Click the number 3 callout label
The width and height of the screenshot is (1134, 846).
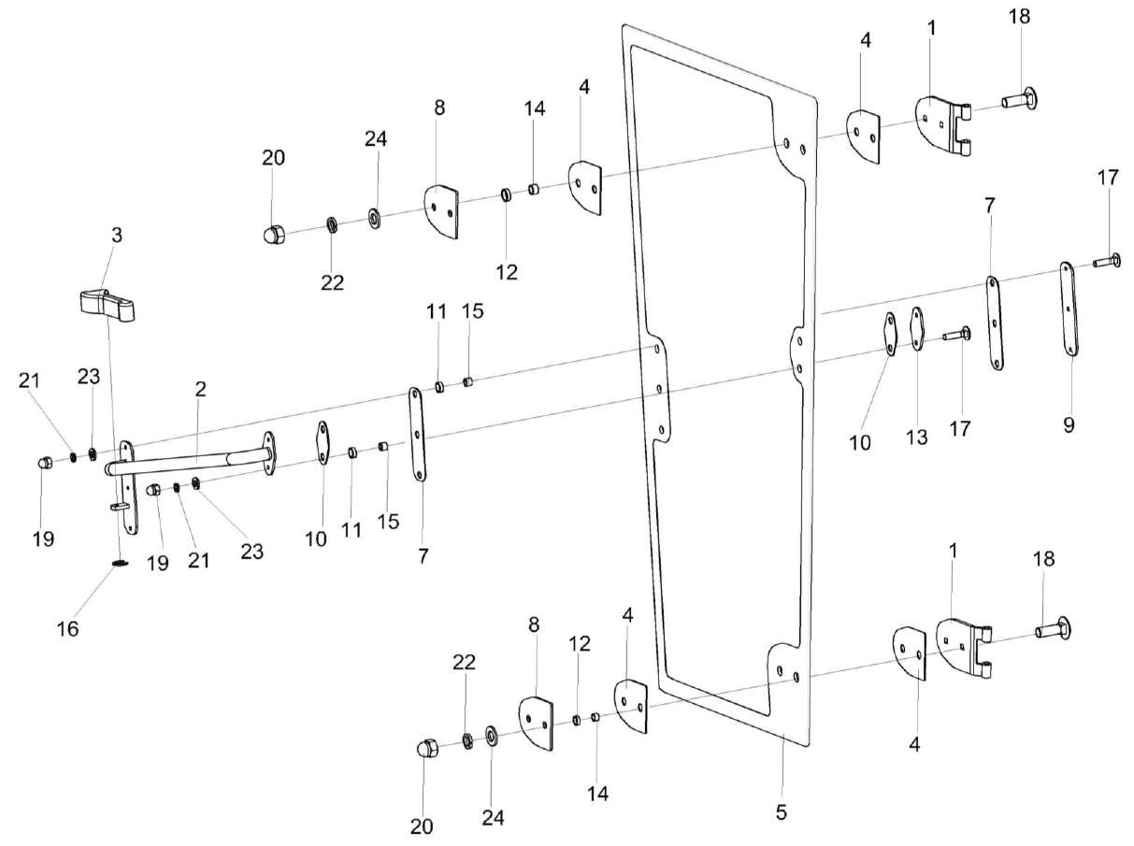tap(116, 236)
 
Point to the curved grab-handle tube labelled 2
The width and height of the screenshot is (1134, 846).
tap(187, 460)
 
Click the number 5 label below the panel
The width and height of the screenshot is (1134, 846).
tap(782, 812)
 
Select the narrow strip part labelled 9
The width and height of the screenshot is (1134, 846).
tap(1068, 308)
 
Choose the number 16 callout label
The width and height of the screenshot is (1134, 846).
tap(67, 629)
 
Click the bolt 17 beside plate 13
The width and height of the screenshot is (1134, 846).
tap(956, 334)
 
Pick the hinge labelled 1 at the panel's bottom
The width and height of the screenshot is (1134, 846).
tap(964, 647)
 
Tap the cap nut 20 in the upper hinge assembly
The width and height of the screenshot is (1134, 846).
tap(272, 233)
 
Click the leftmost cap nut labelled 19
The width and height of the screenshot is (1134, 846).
tap(44, 463)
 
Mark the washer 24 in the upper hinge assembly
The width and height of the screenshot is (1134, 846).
tap(375, 220)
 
